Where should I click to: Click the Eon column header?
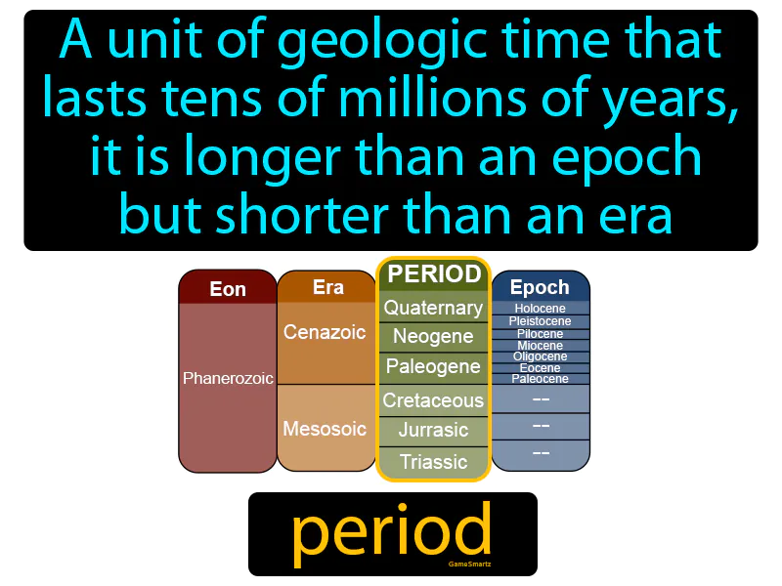[x=228, y=289]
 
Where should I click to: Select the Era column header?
[x=327, y=287]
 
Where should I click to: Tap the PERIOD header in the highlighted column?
[x=433, y=274]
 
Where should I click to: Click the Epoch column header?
[x=540, y=287]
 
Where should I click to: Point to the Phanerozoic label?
[x=228, y=378]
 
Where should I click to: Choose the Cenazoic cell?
[x=325, y=332]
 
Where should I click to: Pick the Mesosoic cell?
[x=325, y=429]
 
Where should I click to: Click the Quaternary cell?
[x=433, y=309]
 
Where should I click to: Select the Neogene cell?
[x=433, y=337]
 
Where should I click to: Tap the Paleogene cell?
[x=433, y=367]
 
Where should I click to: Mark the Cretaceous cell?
[x=433, y=400]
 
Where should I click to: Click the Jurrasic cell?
[x=433, y=430]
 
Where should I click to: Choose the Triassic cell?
[x=433, y=462]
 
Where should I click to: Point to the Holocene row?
[x=540, y=309]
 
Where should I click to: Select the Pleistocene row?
[x=540, y=320]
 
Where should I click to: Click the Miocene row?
[x=540, y=345]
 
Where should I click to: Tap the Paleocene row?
[x=540, y=379]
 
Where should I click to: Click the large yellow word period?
[x=391, y=532]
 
